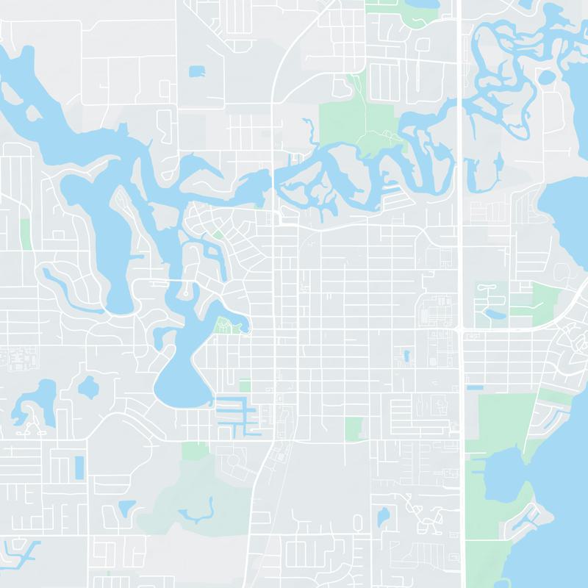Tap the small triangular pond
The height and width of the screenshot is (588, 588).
126,507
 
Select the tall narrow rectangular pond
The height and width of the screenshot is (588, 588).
79,466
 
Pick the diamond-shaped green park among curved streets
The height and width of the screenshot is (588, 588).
218,235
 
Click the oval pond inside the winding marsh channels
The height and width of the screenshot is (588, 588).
548,76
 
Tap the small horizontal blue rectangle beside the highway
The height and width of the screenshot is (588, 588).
475,387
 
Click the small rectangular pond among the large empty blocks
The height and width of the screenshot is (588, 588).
197,71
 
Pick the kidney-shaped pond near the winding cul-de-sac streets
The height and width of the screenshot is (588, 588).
383,517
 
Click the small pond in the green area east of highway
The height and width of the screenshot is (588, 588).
490,315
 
